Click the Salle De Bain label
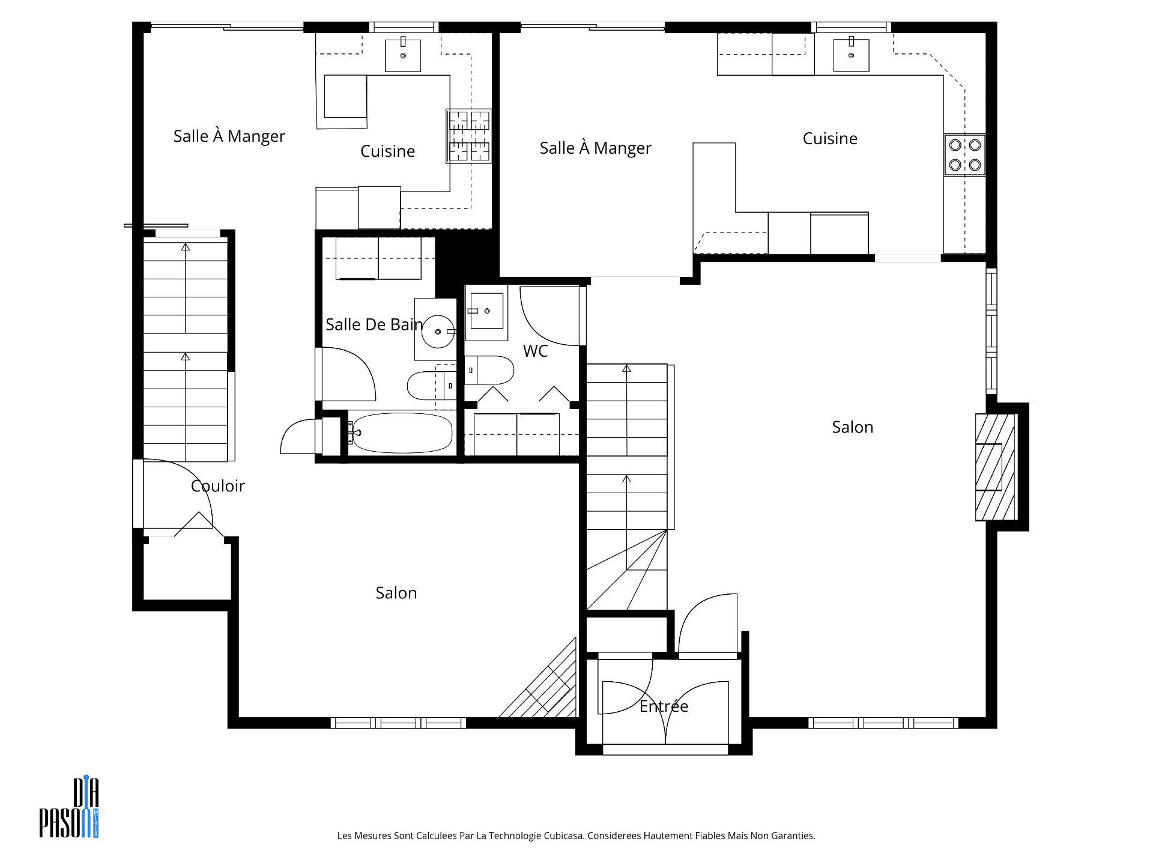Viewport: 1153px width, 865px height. point(374,324)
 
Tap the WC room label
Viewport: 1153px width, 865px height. point(535,351)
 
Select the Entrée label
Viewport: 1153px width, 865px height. point(664,706)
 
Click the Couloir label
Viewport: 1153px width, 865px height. point(217,485)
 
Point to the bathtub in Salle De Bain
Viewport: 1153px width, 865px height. point(402,432)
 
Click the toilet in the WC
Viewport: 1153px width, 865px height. point(489,371)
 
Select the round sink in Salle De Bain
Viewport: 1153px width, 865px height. point(438,331)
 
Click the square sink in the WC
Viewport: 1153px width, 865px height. point(486,311)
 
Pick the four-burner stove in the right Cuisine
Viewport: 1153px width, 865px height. point(965,154)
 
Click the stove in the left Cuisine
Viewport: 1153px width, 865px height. point(469,136)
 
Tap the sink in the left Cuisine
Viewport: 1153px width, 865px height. point(403,55)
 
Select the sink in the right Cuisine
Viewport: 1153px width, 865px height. point(852,55)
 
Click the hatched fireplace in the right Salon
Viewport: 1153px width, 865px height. point(995,467)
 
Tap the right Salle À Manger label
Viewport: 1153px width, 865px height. point(595,148)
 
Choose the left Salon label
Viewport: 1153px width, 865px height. point(396,593)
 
